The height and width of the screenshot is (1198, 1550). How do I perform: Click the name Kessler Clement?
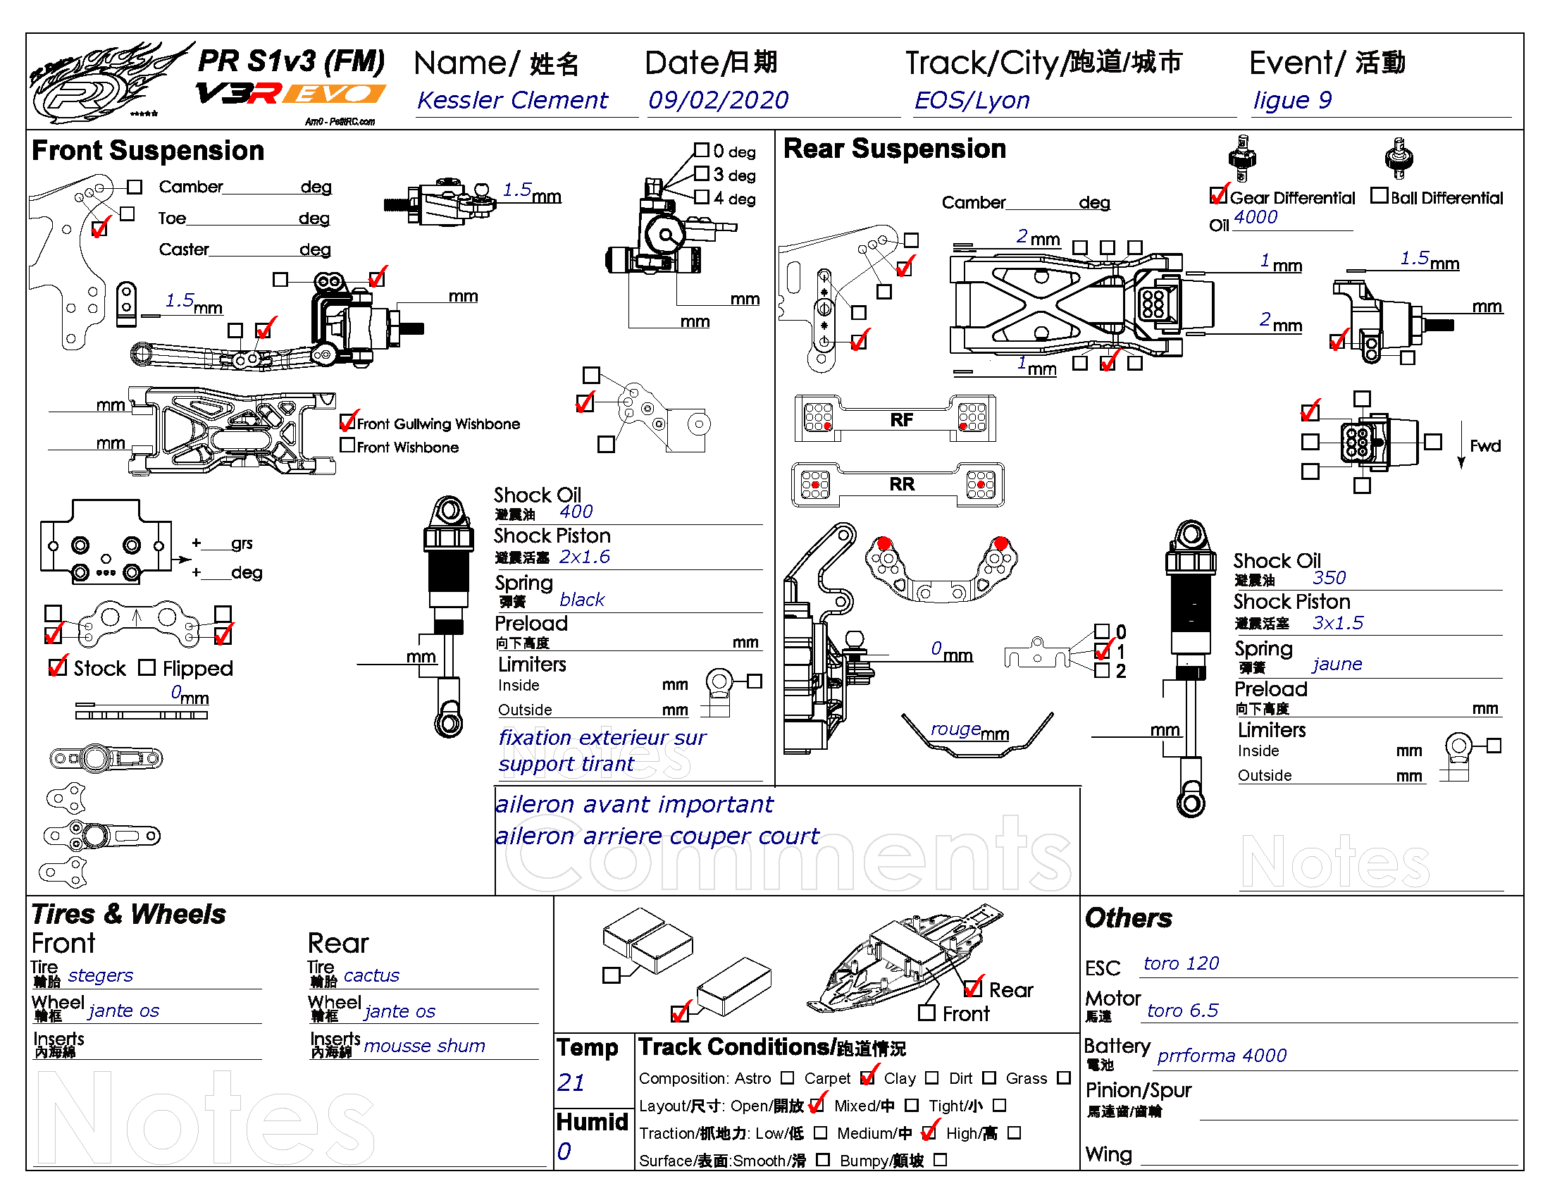[x=512, y=100]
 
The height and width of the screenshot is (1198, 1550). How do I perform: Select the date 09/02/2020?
[x=717, y=100]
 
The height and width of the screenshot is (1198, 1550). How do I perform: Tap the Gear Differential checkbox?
[x=1219, y=195]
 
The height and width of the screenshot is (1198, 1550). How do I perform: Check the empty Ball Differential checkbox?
[x=1379, y=195]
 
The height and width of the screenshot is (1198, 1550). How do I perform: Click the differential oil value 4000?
[x=1255, y=217]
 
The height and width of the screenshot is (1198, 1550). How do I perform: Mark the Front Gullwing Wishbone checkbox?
[x=348, y=422]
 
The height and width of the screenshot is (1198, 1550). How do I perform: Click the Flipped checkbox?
[x=147, y=667]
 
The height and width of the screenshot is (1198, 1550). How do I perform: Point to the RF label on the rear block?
[x=901, y=420]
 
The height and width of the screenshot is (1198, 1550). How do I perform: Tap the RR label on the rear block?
[x=901, y=484]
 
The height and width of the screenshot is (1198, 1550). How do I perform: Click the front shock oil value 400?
[x=576, y=512]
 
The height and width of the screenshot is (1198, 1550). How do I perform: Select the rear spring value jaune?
[x=1337, y=664]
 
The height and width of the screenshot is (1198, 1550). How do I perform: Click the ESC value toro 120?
[x=1181, y=963]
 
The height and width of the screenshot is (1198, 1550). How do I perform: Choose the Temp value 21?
[x=571, y=1082]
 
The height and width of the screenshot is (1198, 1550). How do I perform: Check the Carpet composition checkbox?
[x=867, y=1077]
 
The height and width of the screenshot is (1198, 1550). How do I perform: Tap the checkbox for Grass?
[x=1063, y=1077]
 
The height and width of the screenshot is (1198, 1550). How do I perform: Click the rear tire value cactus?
[x=371, y=975]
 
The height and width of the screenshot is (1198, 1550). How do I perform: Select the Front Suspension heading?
[x=148, y=151]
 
